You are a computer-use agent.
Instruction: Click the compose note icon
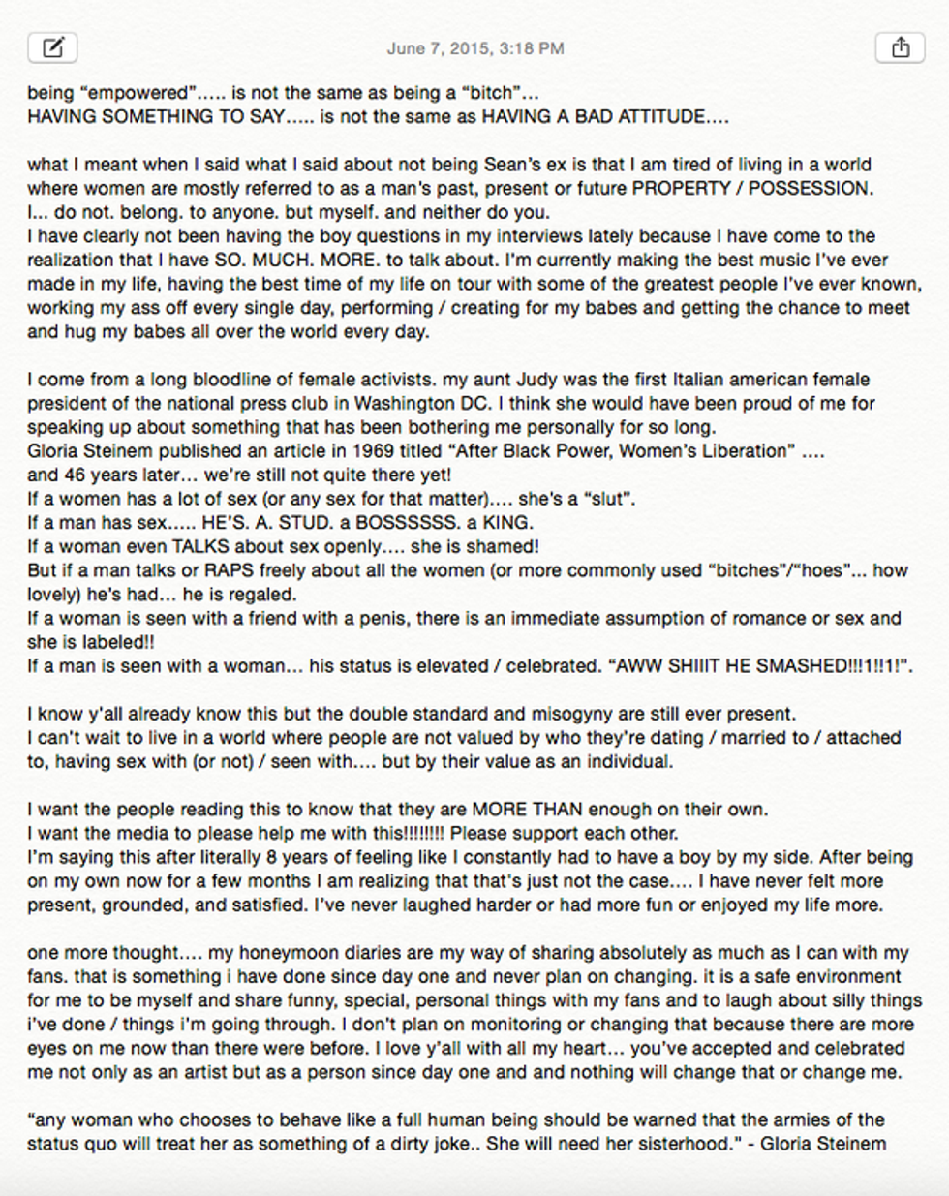[52, 47]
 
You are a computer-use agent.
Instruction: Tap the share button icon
[900, 47]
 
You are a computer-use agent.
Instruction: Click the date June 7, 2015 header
[474, 48]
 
